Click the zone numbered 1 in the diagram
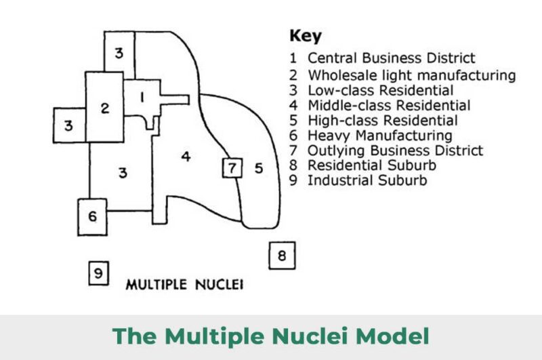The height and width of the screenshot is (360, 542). [142, 98]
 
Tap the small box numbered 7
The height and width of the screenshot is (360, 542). [232, 167]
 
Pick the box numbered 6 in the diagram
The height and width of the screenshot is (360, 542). [93, 216]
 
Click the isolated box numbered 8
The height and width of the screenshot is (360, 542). [282, 256]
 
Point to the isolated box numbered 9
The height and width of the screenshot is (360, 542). [98, 273]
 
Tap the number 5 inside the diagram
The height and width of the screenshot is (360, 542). [258, 167]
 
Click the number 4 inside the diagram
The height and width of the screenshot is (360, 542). [186, 157]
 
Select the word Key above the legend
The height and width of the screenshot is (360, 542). [306, 36]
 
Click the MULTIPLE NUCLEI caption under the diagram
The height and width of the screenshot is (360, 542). [184, 284]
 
